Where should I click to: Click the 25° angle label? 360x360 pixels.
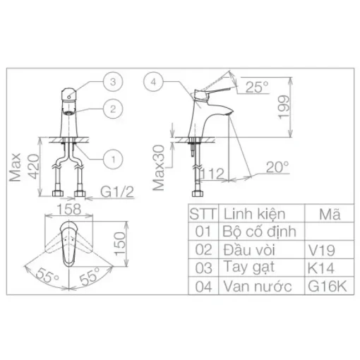pyautogui.click(x=257, y=87)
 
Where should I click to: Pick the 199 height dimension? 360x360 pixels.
pyautogui.click(x=283, y=107)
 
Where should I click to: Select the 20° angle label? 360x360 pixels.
pyautogui.click(x=277, y=167)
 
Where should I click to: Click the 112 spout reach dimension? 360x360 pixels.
pyautogui.click(x=212, y=174)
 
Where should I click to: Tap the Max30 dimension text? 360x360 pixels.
pyautogui.click(x=158, y=167)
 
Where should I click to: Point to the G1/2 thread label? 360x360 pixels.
pyautogui.click(x=117, y=192)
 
